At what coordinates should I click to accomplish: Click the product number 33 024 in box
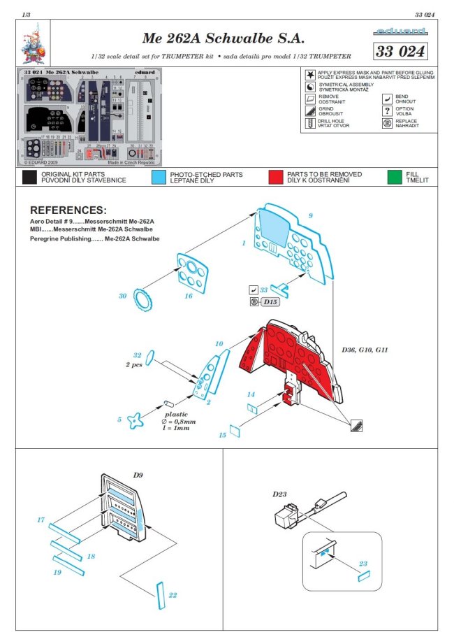400,52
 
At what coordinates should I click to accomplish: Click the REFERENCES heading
68,210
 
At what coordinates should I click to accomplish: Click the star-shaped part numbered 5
140,419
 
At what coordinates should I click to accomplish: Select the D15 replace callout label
270,301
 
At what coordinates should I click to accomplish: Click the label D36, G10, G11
366,349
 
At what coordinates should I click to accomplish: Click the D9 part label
138,475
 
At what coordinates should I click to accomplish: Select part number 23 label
363,563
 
